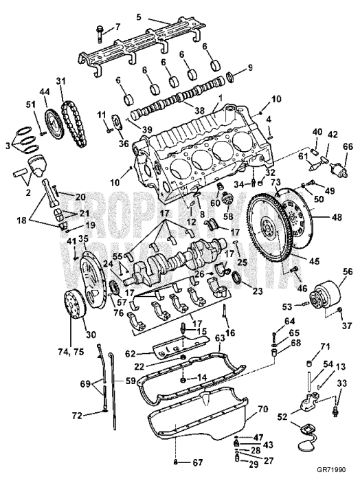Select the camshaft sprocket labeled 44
[x=49, y=124]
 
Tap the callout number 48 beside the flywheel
[x=336, y=217]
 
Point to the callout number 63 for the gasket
[x=220, y=337]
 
